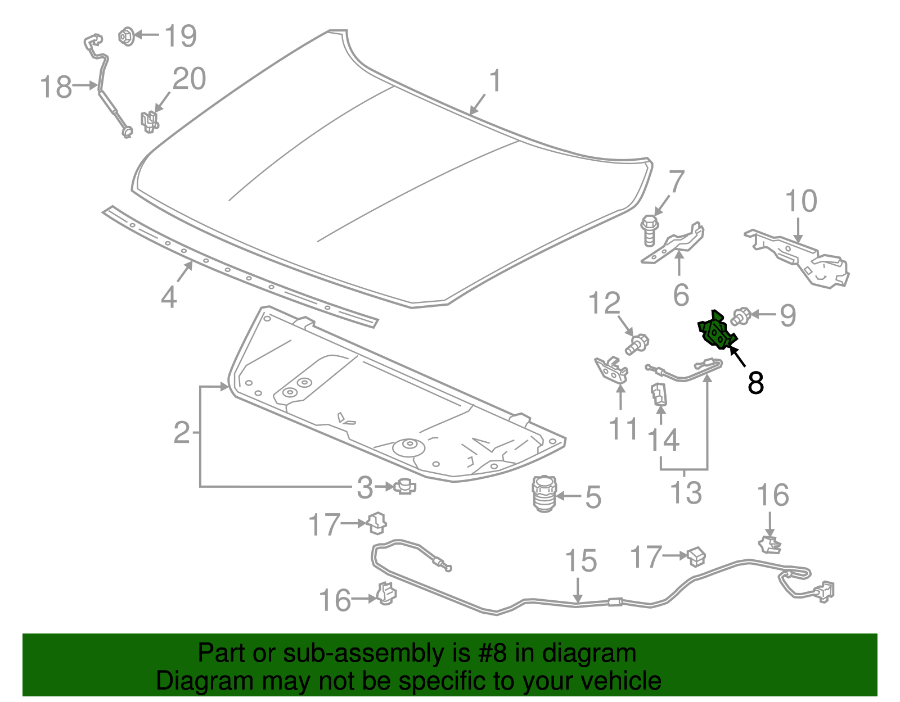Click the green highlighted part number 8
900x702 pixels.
716,332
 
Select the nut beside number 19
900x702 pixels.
127,36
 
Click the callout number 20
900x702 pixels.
189,79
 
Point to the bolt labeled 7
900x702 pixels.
649,230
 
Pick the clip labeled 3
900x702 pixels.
405,486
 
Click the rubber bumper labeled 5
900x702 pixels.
544,493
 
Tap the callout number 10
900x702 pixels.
801,201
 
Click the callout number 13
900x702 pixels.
686,493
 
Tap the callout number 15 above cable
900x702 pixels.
580,560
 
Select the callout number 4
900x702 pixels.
169,296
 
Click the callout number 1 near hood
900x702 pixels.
495,81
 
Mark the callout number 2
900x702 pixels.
182,432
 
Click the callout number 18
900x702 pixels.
56,87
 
